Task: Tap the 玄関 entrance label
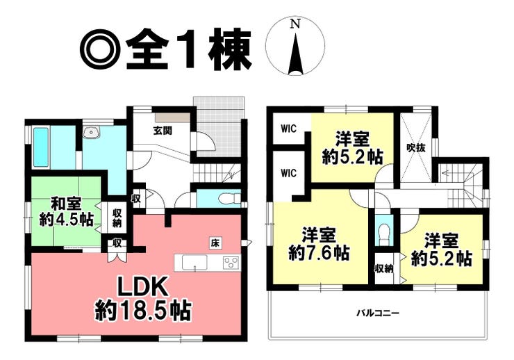pyautogui.click(x=163, y=130)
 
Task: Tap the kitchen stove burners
pyautogui.click(x=231, y=263)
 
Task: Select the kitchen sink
pyautogui.click(x=195, y=263)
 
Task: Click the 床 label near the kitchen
pyautogui.click(x=216, y=243)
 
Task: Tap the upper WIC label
pyautogui.click(x=288, y=129)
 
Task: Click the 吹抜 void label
pyautogui.click(x=416, y=147)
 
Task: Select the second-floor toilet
pyautogui.click(x=383, y=229)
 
